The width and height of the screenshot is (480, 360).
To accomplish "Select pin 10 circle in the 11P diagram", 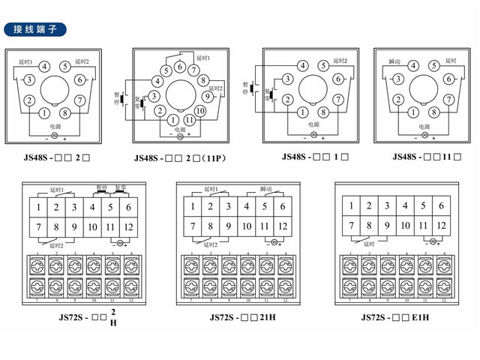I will click(200, 111).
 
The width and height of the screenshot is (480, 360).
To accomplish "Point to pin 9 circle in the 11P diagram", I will click(207, 96).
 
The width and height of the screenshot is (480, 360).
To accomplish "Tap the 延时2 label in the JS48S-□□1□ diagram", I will click(340, 60).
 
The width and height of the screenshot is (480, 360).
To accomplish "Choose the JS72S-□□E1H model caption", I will click(395, 317).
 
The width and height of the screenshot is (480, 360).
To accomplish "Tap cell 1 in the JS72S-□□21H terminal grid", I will click(193, 206).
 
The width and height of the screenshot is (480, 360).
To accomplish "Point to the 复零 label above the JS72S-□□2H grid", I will click(119, 189).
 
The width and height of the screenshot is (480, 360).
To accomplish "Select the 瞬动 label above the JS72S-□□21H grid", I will click(265, 189).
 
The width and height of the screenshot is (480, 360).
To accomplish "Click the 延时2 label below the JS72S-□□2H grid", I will click(56, 244).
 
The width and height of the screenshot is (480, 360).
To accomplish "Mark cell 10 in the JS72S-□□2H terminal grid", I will click(93, 226).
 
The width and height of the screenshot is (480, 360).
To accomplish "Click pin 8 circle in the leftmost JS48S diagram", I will click(64, 113).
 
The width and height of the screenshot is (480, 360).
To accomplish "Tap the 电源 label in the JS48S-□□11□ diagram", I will click(424, 127).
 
